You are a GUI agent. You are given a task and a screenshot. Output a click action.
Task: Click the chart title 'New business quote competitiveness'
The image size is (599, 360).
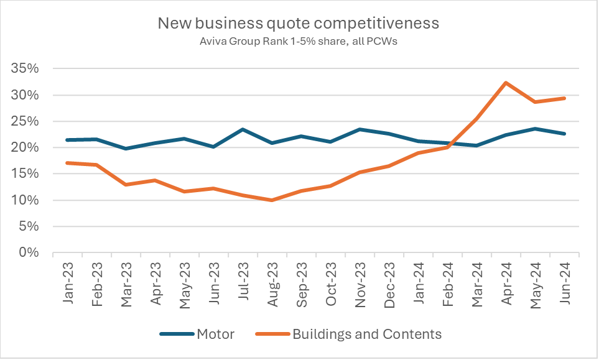point(299,24)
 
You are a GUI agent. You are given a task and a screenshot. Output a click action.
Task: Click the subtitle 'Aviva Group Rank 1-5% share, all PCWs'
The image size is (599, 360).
point(299,42)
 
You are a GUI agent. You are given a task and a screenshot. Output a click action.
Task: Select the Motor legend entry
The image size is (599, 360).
point(197,334)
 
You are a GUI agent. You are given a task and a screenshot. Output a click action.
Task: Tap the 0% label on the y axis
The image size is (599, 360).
point(29,253)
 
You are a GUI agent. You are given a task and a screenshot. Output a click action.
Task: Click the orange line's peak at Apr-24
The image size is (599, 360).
point(506,83)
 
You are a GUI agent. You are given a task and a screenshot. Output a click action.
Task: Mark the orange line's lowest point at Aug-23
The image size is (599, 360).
point(272,200)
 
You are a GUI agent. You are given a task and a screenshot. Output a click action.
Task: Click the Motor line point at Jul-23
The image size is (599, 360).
point(243,129)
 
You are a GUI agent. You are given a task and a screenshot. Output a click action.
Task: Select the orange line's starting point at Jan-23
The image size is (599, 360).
point(67,163)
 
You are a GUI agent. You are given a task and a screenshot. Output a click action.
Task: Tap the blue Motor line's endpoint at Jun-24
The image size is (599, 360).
point(564,134)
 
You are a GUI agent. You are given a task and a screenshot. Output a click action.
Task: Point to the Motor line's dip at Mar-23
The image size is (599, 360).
point(126,149)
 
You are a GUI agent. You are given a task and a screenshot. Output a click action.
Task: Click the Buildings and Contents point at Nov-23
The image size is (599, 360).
point(360,172)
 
